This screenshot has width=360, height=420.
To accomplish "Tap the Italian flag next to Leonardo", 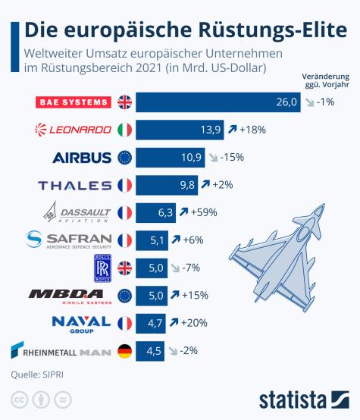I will click(124, 130).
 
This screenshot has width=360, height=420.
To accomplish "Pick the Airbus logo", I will click(82, 158).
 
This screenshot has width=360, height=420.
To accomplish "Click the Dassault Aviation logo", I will click(79, 212).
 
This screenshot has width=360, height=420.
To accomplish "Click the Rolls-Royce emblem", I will click(102, 268).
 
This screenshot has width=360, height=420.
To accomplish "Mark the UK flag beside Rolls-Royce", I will click(124, 268).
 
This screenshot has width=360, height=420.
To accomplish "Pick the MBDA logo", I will click(70, 296).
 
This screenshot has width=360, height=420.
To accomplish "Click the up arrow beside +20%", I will click(176, 323).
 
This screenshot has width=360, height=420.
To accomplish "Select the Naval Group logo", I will click(81, 323).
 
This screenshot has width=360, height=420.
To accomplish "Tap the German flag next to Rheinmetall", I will click(124, 351).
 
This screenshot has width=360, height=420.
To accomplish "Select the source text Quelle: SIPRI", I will click(36, 374).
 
